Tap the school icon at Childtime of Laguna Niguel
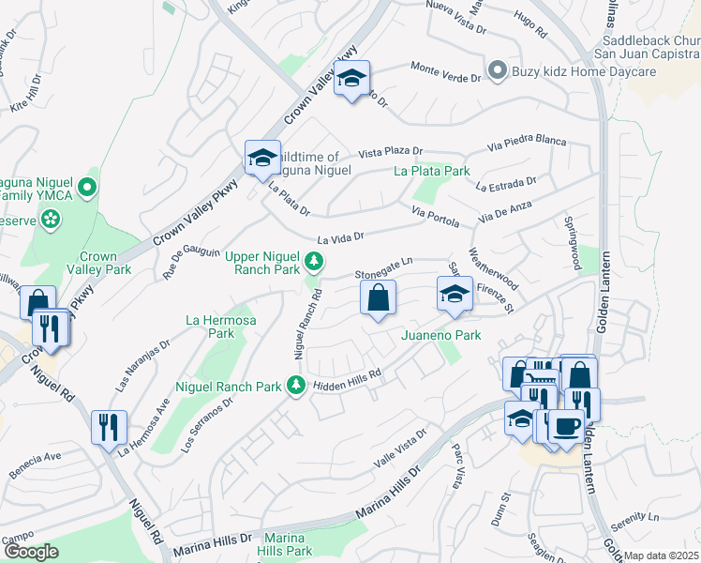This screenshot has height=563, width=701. (262, 158)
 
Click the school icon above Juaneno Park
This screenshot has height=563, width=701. (454, 295)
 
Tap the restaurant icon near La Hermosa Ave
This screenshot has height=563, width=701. (109, 427)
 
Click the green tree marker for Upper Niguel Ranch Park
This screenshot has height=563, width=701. (316, 260)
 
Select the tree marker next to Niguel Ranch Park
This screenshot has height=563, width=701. (296, 385)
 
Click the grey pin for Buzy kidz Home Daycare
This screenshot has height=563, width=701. (498, 69)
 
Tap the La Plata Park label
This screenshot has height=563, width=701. (431, 172)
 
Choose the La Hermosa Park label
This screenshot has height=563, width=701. (209, 327)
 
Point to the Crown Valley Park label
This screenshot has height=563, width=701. (97, 263)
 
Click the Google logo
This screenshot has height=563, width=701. (31, 553)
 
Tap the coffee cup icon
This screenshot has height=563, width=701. (566, 425)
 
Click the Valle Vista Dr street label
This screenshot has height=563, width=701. (400, 448)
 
